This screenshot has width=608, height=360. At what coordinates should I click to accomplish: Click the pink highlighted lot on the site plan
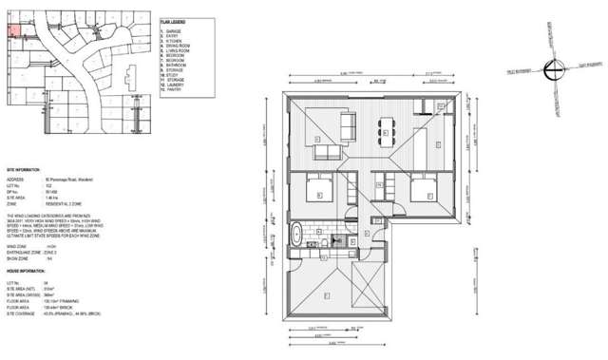[x=13, y=29]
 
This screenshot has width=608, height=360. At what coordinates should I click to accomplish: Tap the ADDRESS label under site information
[x=17, y=179]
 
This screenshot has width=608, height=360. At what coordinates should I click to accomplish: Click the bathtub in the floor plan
[x=298, y=234]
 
